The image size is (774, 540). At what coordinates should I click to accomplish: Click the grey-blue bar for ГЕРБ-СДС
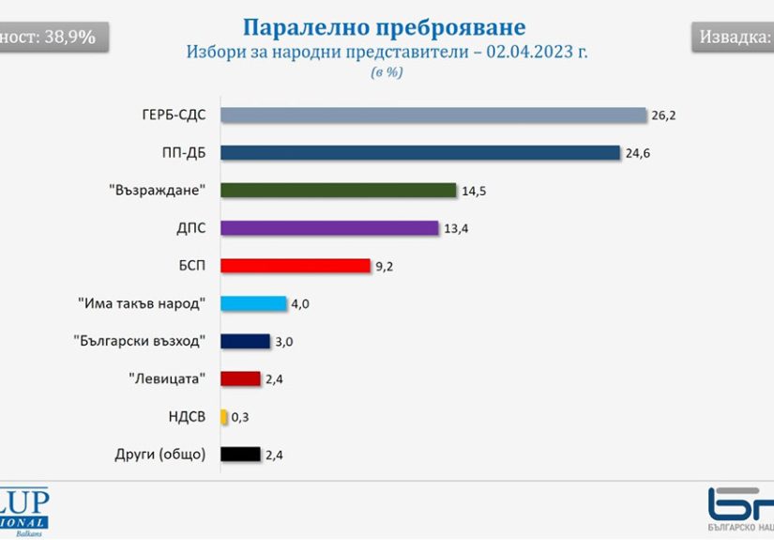(x=433, y=115)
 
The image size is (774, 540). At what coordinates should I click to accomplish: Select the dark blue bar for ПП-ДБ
(x=420, y=152)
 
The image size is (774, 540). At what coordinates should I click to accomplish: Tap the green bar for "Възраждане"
(x=338, y=190)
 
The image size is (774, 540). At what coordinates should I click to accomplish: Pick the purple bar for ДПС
(x=329, y=227)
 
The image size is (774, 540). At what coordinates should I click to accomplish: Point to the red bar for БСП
(x=296, y=266)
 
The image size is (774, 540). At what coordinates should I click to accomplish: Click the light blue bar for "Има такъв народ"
(x=253, y=303)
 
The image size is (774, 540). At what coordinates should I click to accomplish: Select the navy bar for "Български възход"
(x=245, y=341)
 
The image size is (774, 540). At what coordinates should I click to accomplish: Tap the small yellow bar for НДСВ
(x=223, y=416)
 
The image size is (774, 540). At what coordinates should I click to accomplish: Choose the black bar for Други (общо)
(x=240, y=455)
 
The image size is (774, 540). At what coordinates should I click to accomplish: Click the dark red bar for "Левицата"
(x=240, y=378)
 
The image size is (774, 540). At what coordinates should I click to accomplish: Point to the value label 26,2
(x=662, y=116)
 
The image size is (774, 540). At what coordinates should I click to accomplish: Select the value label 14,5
(x=473, y=191)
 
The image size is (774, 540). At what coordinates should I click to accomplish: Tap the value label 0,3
(x=240, y=417)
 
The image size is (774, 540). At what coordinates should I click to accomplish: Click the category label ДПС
(x=191, y=227)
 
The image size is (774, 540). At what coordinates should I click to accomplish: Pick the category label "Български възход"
(x=139, y=341)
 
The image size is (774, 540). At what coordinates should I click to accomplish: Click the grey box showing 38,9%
(x=52, y=38)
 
